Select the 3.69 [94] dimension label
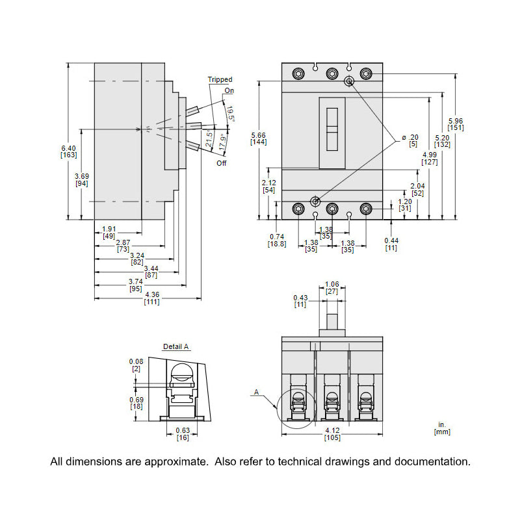(x=81, y=179)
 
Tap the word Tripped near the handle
(x=220, y=79)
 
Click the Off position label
(x=222, y=163)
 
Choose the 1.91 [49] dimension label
(x=109, y=232)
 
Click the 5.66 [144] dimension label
(x=259, y=138)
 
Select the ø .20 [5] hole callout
(x=410, y=140)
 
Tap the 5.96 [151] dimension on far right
(x=456, y=123)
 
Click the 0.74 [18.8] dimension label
(x=277, y=240)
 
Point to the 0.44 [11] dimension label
(x=391, y=244)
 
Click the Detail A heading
(x=176, y=347)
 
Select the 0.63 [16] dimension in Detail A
(x=183, y=434)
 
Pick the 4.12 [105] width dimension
(x=331, y=434)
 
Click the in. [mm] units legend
(x=442, y=428)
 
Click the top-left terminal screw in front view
(x=298, y=73)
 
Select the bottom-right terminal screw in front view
(x=365, y=209)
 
